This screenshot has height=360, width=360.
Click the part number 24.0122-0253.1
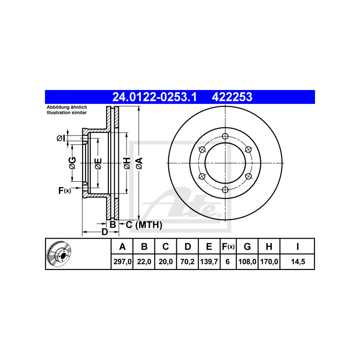coord(154,97)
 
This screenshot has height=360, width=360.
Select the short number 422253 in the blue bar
coord(232,97)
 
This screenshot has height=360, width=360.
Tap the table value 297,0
coord(122,261)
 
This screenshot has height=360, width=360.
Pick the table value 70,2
coord(187,261)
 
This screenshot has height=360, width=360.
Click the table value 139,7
coord(209,261)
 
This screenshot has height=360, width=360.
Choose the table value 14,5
coord(298,261)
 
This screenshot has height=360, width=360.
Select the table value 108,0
coord(247,261)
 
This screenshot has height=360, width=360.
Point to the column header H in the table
coord(269,247)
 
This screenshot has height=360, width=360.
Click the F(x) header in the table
coord(228,247)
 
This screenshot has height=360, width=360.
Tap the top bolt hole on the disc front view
coord(225,136)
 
